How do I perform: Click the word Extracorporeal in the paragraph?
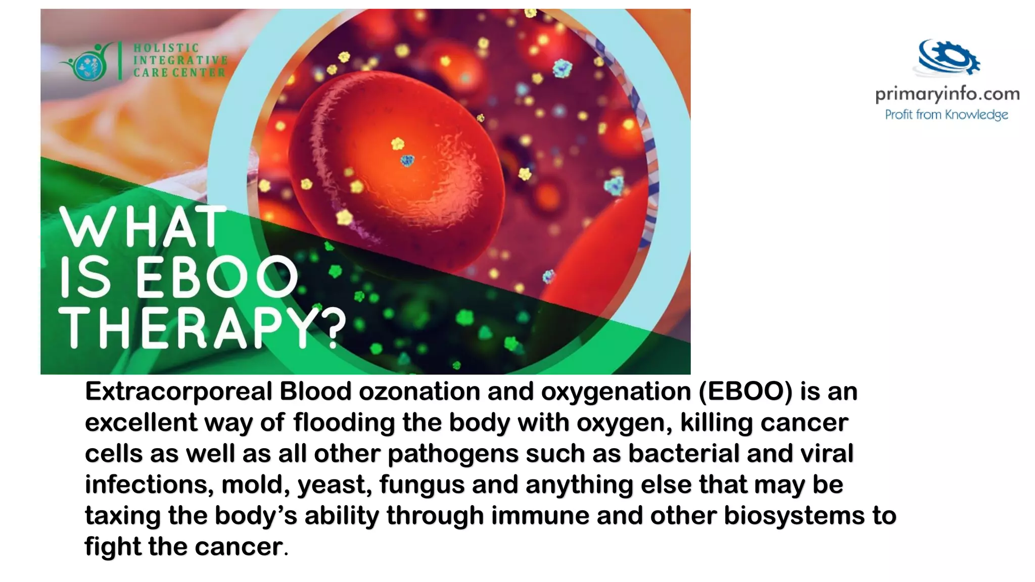tap(178, 392)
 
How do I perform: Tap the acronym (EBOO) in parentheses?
tap(745, 392)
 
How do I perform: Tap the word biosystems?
tap(794, 516)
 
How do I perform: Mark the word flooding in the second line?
tap(344, 422)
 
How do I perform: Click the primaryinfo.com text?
tap(947, 94)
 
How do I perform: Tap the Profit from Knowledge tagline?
tap(946, 115)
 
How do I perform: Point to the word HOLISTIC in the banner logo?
tap(166, 48)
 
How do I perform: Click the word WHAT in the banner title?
tap(143, 227)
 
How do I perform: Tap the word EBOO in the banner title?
tap(217, 277)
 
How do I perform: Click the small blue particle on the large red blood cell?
tap(407, 161)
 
